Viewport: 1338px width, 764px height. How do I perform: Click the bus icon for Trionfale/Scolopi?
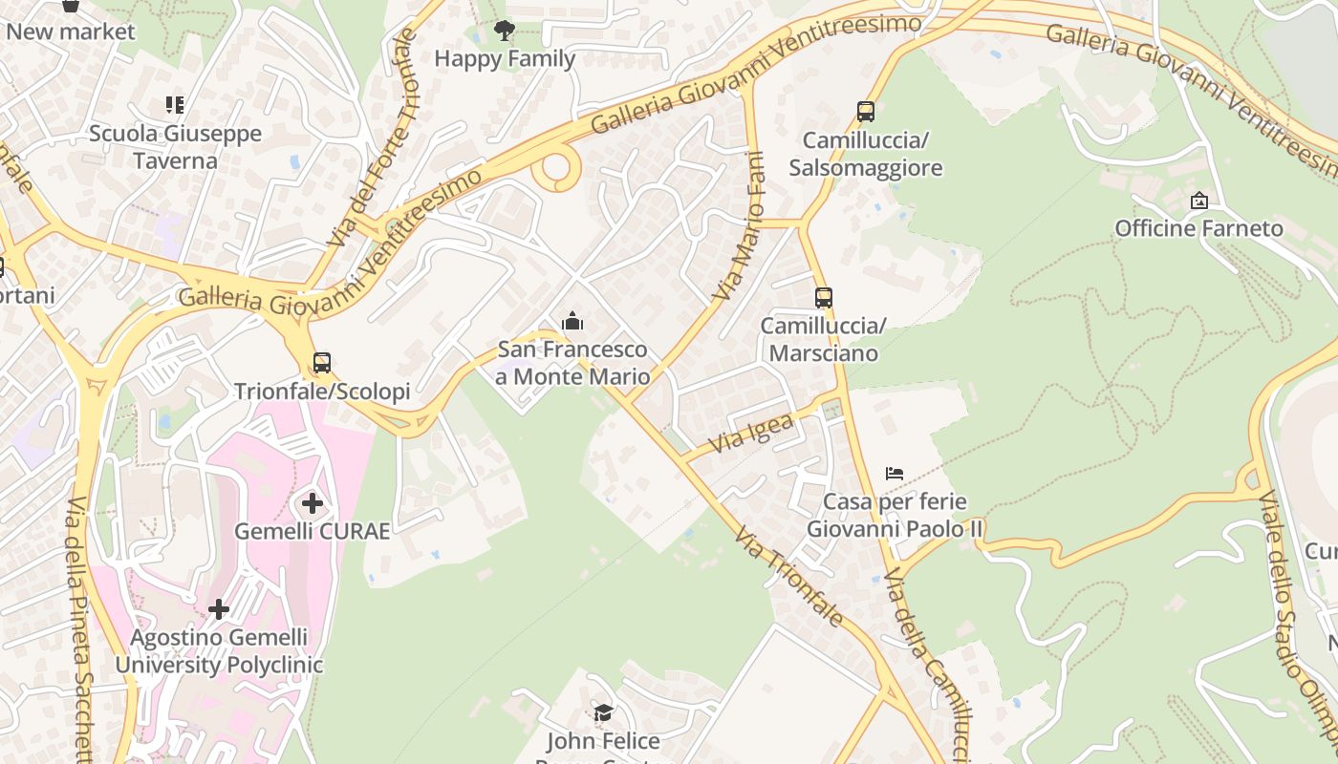pyautogui.click(x=322, y=363)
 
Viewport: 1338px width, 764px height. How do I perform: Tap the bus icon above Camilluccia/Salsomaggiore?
pyautogui.click(x=866, y=112)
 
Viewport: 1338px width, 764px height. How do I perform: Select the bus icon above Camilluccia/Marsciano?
pyautogui.click(x=823, y=298)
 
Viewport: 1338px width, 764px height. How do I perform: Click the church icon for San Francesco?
pyautogui.click(x=572, y=321)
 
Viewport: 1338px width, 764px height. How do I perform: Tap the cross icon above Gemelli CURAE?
pyautogui.click(x=313, y=502)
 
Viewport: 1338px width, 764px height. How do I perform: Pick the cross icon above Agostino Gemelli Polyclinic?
pyautogui.click(x=219, y=608)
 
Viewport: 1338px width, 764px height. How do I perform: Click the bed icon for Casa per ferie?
pyautogui.click(x=895, y=473)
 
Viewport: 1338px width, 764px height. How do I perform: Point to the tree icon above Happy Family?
pyautogui.click(x=505, y=32)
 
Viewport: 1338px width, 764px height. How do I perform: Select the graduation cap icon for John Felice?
pyautogui.click(x=603, y=712)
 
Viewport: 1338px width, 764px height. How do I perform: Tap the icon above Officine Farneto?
pyautogui.click(x=1198, y=201)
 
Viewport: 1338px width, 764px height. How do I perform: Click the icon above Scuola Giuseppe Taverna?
pyautogui.click(x=174, y=104)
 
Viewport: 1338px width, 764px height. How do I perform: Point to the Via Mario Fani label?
pyautogui.click(x=743, y=226)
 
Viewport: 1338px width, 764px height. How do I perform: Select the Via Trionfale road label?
pyautogui.click(x=788, y=576)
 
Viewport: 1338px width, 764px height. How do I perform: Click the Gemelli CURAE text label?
pyautogui.click(x=313, y=531)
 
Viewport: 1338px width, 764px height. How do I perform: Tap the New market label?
pyautogui.click(x=71, y=32)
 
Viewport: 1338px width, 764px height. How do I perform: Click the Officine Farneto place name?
pyautogui.click(x=1198, y=228)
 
